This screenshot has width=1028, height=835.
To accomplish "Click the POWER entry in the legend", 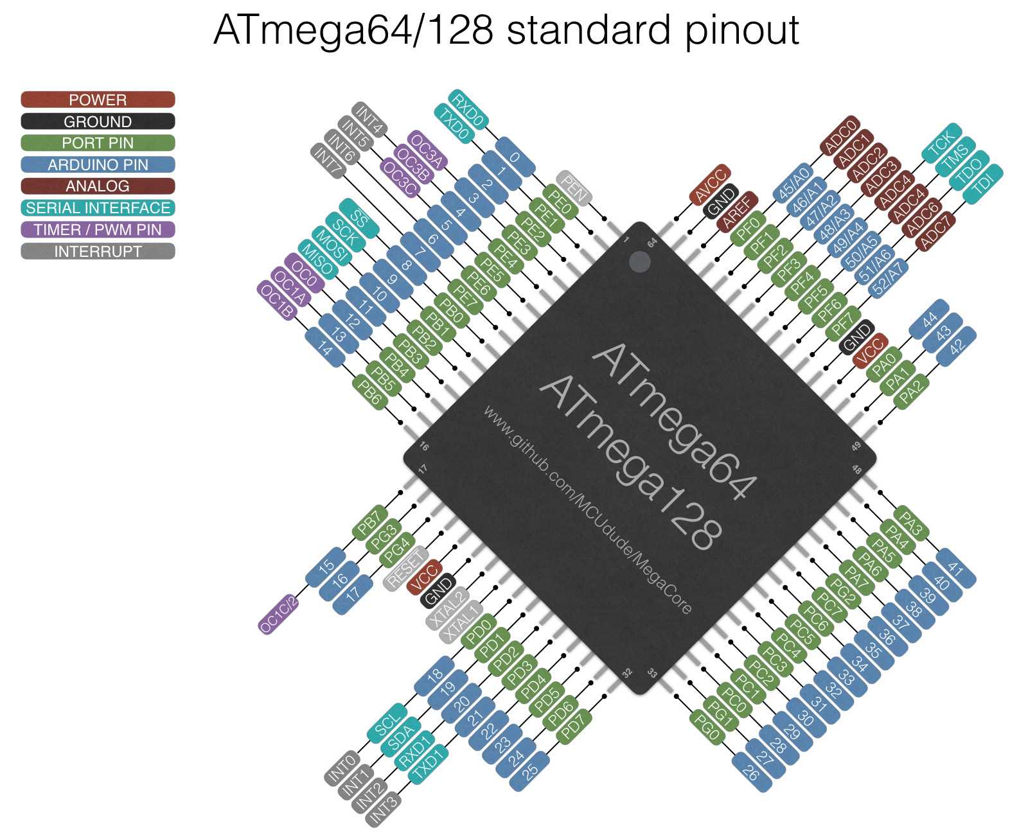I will tap(98, 100).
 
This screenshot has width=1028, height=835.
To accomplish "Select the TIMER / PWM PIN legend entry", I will tap(98, 229).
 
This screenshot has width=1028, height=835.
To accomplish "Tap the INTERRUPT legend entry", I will tap(98, 251).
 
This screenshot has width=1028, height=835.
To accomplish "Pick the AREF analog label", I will tap(737, 210).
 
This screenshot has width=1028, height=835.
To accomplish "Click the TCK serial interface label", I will tap(942, 143).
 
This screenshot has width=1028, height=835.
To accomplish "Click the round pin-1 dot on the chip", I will tap(639, 262).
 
